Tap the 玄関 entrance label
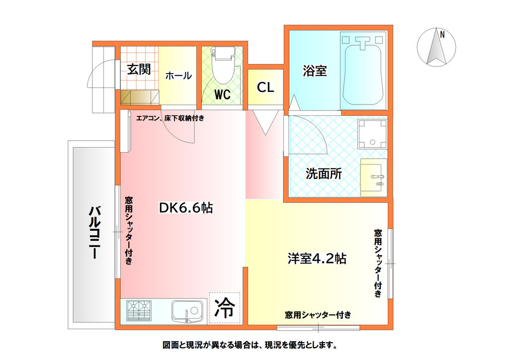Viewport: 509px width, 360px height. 138,69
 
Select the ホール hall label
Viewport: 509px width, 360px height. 178,76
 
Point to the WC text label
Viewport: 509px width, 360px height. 222,94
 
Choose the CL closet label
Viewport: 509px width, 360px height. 265,88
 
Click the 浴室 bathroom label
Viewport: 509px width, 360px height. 315,71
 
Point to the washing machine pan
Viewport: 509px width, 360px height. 372,134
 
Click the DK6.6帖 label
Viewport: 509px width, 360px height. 185,208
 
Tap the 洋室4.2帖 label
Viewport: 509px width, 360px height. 317,259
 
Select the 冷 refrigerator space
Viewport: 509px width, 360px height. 224,308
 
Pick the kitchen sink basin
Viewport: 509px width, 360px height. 187,312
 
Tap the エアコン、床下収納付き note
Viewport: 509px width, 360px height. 170,118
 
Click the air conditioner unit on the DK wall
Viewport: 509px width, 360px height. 125,131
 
